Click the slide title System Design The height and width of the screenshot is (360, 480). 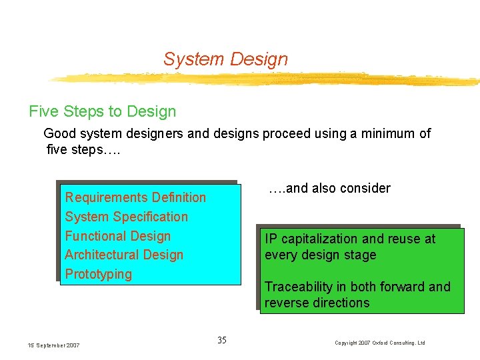[225, 59]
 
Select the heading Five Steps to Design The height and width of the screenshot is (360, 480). [102, 111]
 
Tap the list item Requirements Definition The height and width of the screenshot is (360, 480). [135, 197]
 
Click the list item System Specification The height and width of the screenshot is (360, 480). [126, 217]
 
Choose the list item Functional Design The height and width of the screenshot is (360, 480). [117, 236]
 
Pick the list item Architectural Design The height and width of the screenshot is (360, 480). [124, 255]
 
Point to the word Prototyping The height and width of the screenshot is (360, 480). [98, 274]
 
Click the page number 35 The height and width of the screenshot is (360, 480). [222, 341]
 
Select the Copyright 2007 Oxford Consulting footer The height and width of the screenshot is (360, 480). [380, 343]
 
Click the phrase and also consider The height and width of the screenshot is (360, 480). [329, 188]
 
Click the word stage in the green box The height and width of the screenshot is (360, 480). [360, 255]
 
